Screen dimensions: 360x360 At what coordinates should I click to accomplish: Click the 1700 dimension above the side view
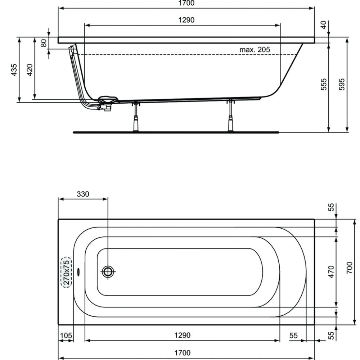[186, 3]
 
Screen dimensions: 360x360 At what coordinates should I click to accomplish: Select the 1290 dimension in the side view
[186, 20]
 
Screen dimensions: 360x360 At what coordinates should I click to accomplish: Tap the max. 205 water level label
[255, 49]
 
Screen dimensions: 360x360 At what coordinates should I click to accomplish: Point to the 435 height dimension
[14, 70]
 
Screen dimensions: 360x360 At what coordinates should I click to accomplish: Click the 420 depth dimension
[30, 70]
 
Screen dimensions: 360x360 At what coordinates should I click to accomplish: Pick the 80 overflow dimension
[44, 43]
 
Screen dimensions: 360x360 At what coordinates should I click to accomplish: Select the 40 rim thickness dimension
[323, 25]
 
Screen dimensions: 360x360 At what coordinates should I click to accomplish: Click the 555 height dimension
[323, 84]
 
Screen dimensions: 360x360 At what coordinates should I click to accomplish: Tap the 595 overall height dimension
[342, 84]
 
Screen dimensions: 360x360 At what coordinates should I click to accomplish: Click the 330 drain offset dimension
[83, 194]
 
